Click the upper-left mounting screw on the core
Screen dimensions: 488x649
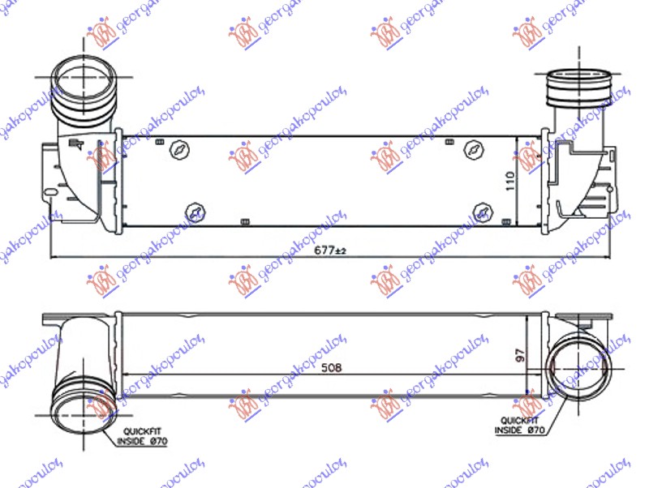point(180,150)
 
